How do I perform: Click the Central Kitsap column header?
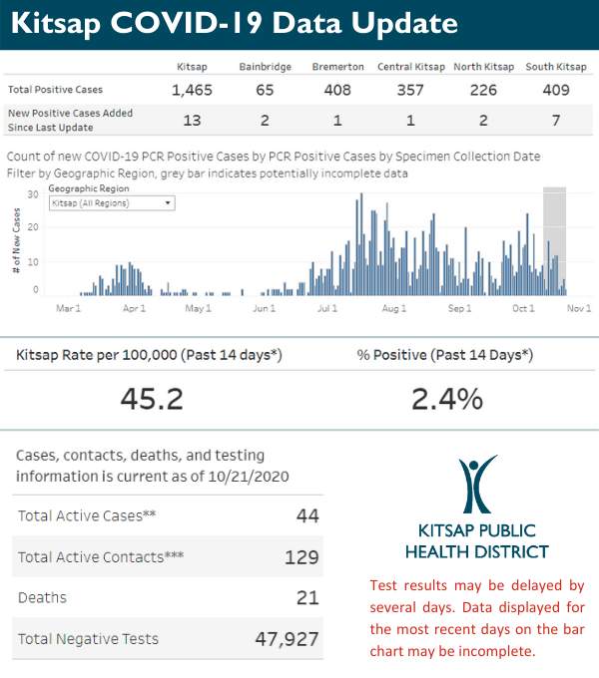[x=410, y=67]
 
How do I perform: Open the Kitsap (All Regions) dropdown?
[x=112, y=202]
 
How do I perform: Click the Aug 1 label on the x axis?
[x=394, y=309]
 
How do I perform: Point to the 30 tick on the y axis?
[x=33, y=194]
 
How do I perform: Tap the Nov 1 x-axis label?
[x=580, y=309]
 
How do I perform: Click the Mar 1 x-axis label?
[x=68, y=309]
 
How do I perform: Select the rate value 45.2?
[x=152, y=399]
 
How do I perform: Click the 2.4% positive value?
[x=446, y=399]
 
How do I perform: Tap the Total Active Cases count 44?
[x=306, y=515]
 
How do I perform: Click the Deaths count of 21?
[x=307, y=598]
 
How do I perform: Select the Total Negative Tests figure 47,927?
[x=284, y=639]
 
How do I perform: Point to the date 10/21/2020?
[x=248, y=476]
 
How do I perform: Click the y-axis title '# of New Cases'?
[x=17, y=244]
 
